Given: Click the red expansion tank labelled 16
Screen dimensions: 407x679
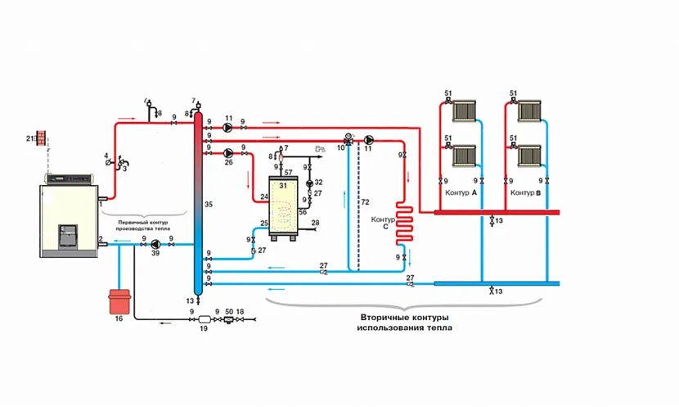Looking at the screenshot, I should pos(119,299).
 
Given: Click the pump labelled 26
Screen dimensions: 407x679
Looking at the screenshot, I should pos(228,151).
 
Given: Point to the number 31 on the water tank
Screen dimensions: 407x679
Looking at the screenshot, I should pos(283,185).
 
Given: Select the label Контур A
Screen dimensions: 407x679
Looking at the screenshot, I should pos(462,192).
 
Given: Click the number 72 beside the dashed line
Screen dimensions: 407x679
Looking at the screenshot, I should pos(365,201).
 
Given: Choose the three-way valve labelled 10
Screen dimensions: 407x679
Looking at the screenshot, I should pos(348,140).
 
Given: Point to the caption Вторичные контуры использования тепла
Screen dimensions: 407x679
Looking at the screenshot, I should pos(404,322).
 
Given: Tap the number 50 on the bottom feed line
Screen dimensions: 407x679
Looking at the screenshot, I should pos(228,312).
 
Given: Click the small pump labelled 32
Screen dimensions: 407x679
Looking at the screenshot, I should pos(309,183).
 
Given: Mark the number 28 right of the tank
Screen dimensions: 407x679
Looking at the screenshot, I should pos(315,223).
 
